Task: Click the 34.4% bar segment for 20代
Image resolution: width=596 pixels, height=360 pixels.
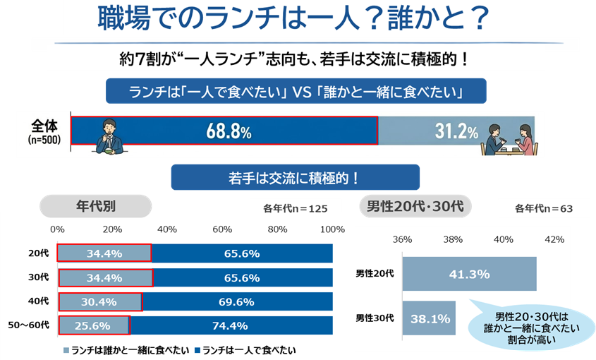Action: click(x=104, y=253)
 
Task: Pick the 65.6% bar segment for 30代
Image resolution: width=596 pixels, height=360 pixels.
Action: click(x=242, y=277)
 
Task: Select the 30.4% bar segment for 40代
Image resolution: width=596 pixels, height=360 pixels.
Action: click(x=99, y=302)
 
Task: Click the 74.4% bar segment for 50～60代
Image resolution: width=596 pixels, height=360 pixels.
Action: click(x=231, y=325)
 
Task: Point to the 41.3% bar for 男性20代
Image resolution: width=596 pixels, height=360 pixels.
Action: click(x=469, y=273)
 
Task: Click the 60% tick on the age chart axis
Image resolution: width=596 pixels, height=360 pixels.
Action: click(x=222, y=229)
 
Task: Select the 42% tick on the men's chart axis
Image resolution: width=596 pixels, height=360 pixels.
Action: click(x=554, y=239)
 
